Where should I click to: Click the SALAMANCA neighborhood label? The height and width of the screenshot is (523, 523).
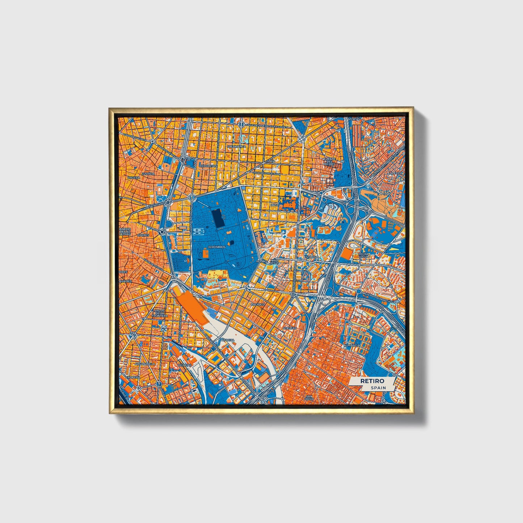point(237,147)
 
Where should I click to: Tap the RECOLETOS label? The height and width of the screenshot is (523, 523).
point(208,165)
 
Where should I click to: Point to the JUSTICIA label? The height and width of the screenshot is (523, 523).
point(148,174)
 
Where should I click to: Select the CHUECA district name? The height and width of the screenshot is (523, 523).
point(134,178)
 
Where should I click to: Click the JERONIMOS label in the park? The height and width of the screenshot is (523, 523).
point(216,247)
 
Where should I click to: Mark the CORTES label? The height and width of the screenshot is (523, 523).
point(143,235)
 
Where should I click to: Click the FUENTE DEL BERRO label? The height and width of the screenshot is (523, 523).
point(329,161)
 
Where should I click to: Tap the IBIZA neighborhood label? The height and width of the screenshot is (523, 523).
point(275,205)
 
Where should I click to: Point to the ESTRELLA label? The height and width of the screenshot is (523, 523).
point(311,257)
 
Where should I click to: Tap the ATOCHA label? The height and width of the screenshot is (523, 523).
point(228,340)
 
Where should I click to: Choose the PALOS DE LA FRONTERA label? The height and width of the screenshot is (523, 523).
point(160,313)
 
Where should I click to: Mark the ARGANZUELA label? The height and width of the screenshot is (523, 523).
point(144,363)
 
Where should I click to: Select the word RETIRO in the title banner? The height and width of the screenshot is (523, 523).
point(372,381)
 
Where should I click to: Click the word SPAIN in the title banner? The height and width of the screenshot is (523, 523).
point(378,388)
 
